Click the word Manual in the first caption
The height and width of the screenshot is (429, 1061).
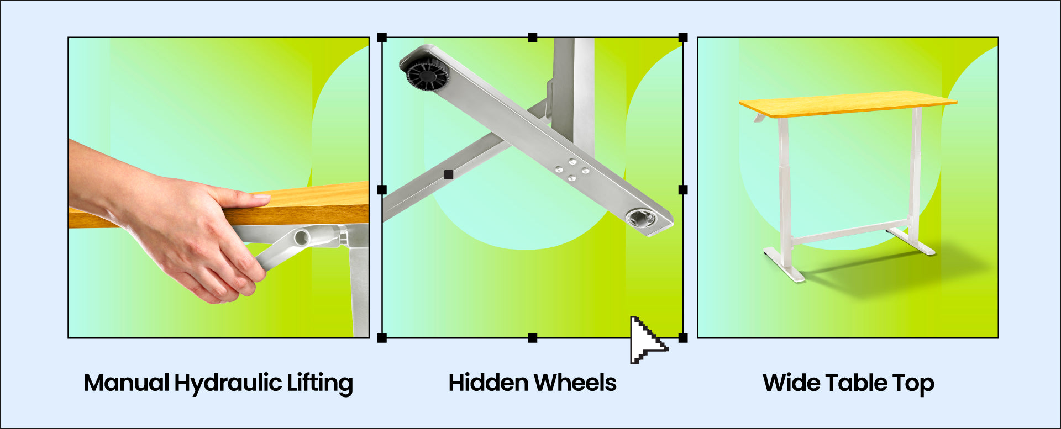pyautogui.click(x=127, y=383)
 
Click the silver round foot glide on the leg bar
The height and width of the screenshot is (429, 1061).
pyautogui.click(x=641, y=218)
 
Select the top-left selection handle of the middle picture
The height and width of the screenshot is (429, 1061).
pyautogui.click(x=382, y=38)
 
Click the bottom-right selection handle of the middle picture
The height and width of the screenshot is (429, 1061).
pyautogui.click(x=683, y=338)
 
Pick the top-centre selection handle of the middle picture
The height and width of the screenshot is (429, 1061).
pyautogui.click(x=533, y=38)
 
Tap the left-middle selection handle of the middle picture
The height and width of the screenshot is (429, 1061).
pyautogui.click(x=382, y=190)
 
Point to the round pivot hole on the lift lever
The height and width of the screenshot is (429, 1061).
pyautogui.click(x=302, y=238)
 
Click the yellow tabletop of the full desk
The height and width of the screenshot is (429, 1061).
pyautogui.click(x=848, y=104)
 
